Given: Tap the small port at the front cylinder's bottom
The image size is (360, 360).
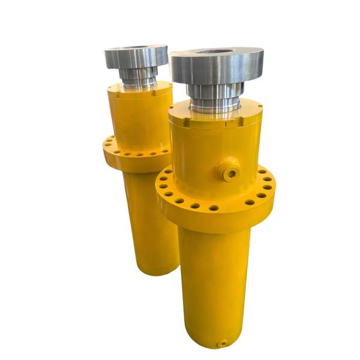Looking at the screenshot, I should [223, 344].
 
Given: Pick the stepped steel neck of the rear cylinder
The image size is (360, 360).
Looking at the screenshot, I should [138, 76].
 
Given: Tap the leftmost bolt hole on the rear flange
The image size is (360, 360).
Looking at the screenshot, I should [107, 144].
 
